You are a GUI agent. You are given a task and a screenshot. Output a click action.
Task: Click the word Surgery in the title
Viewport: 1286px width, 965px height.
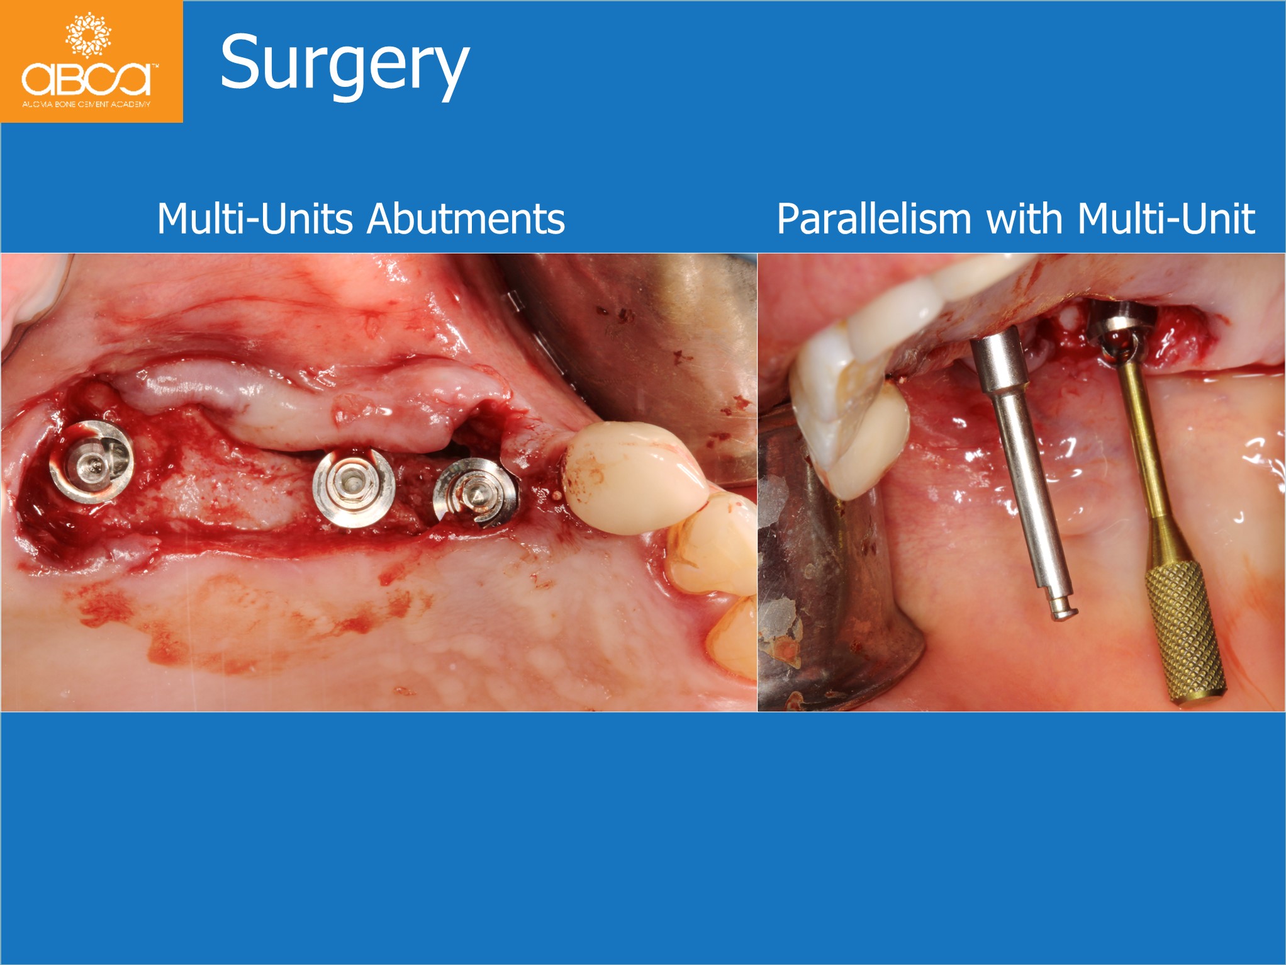click(x=345, y=65)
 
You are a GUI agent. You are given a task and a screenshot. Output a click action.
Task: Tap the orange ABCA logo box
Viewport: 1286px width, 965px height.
click(x=92, y=62)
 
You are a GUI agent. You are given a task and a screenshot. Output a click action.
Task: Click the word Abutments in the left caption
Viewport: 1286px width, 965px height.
click(x=466, y=219)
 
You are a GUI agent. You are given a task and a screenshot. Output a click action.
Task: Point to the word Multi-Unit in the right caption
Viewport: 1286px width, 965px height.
click(x=1166, y=219)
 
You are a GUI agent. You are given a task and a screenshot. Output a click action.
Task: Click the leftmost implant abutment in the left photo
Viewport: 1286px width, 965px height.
click(x=92, y=461)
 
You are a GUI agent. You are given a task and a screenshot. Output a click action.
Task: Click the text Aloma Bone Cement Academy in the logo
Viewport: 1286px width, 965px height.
click(x=87, y=104)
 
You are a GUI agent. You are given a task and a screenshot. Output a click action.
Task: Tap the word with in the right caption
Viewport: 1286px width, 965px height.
click(x=1026, y=219)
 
